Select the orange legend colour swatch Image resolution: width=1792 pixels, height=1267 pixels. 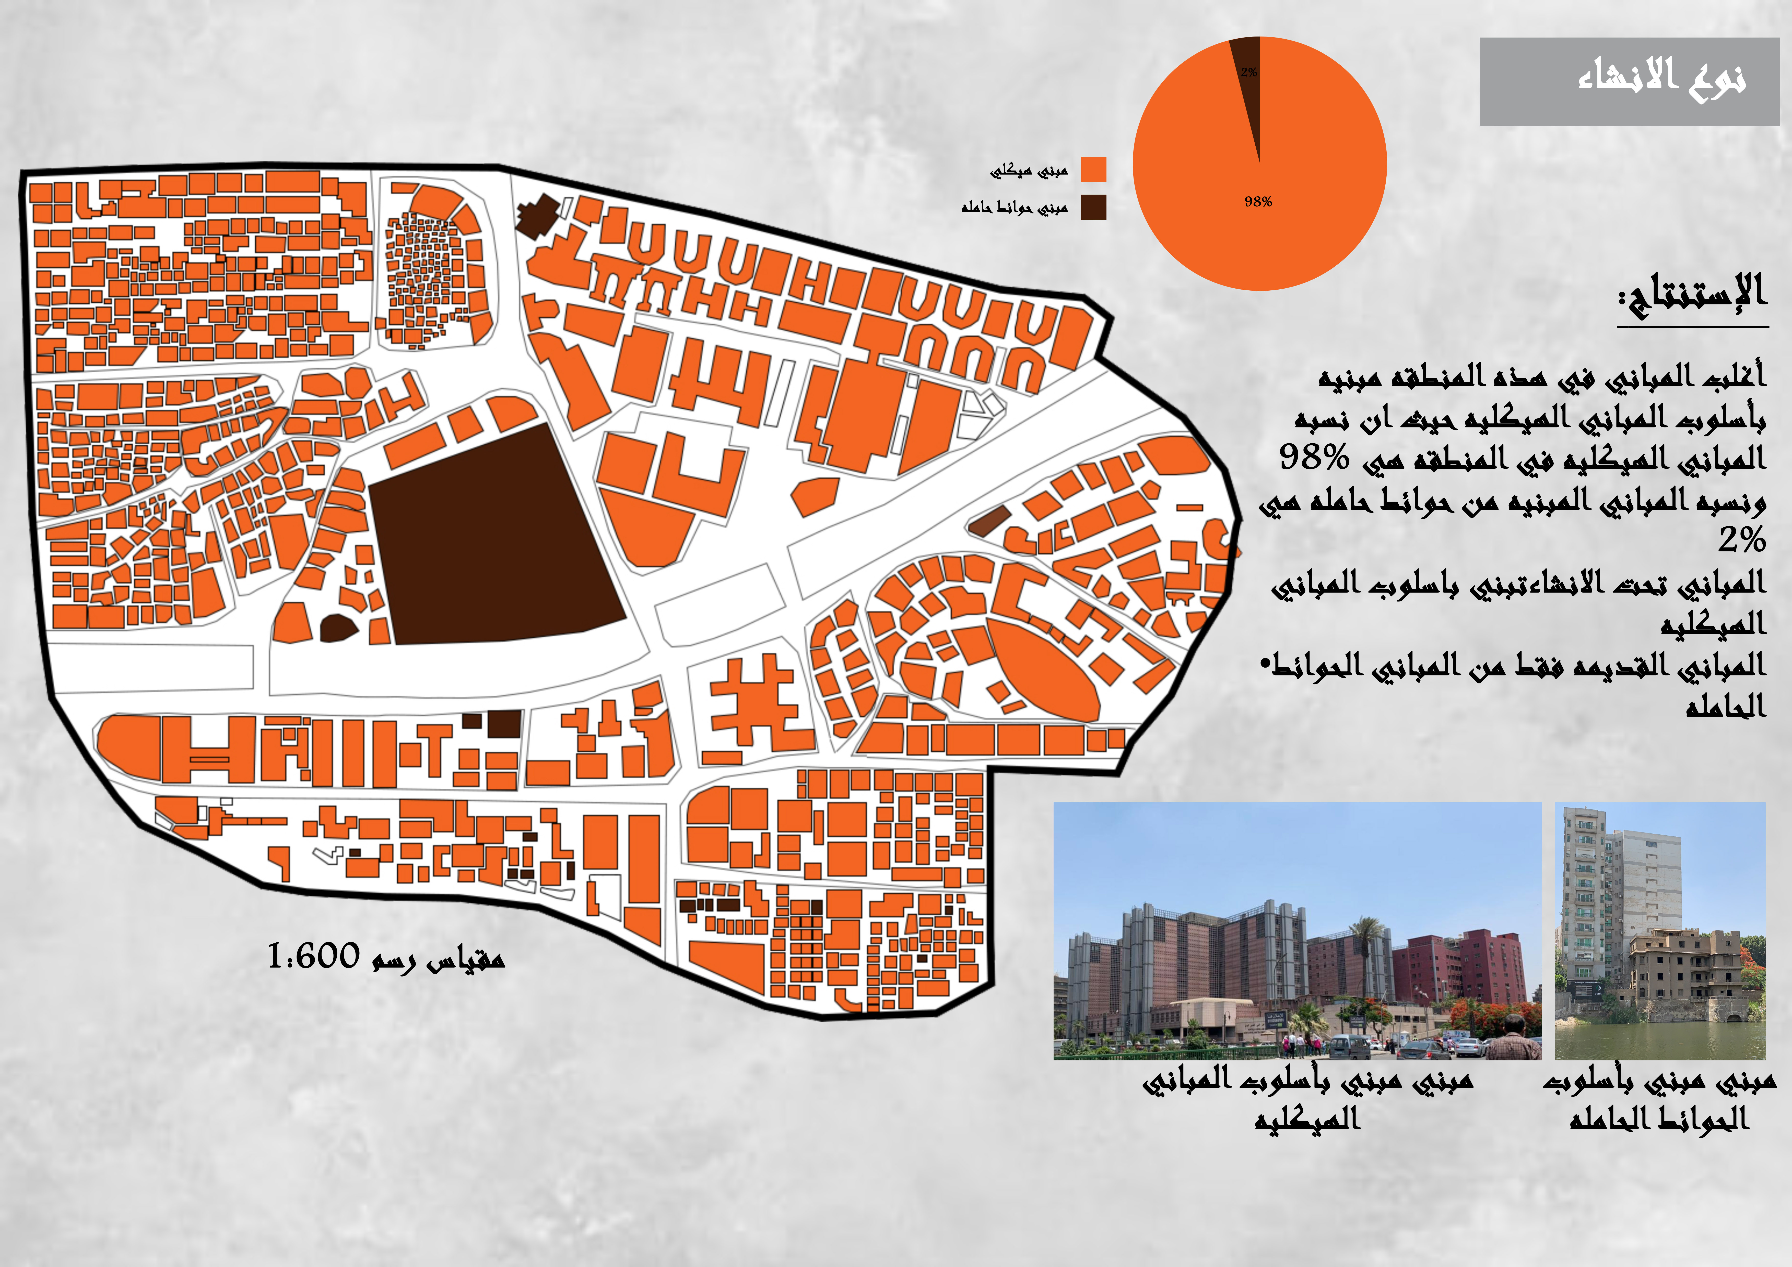click(1093, 169)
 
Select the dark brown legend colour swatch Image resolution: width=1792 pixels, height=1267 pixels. click(1093, 207)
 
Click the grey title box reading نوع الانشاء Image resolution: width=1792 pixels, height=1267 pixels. click(1629, 81)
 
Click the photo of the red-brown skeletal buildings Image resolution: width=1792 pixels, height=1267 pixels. click(1297, 931)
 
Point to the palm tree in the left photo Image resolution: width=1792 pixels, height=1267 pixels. click(1366, 937)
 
